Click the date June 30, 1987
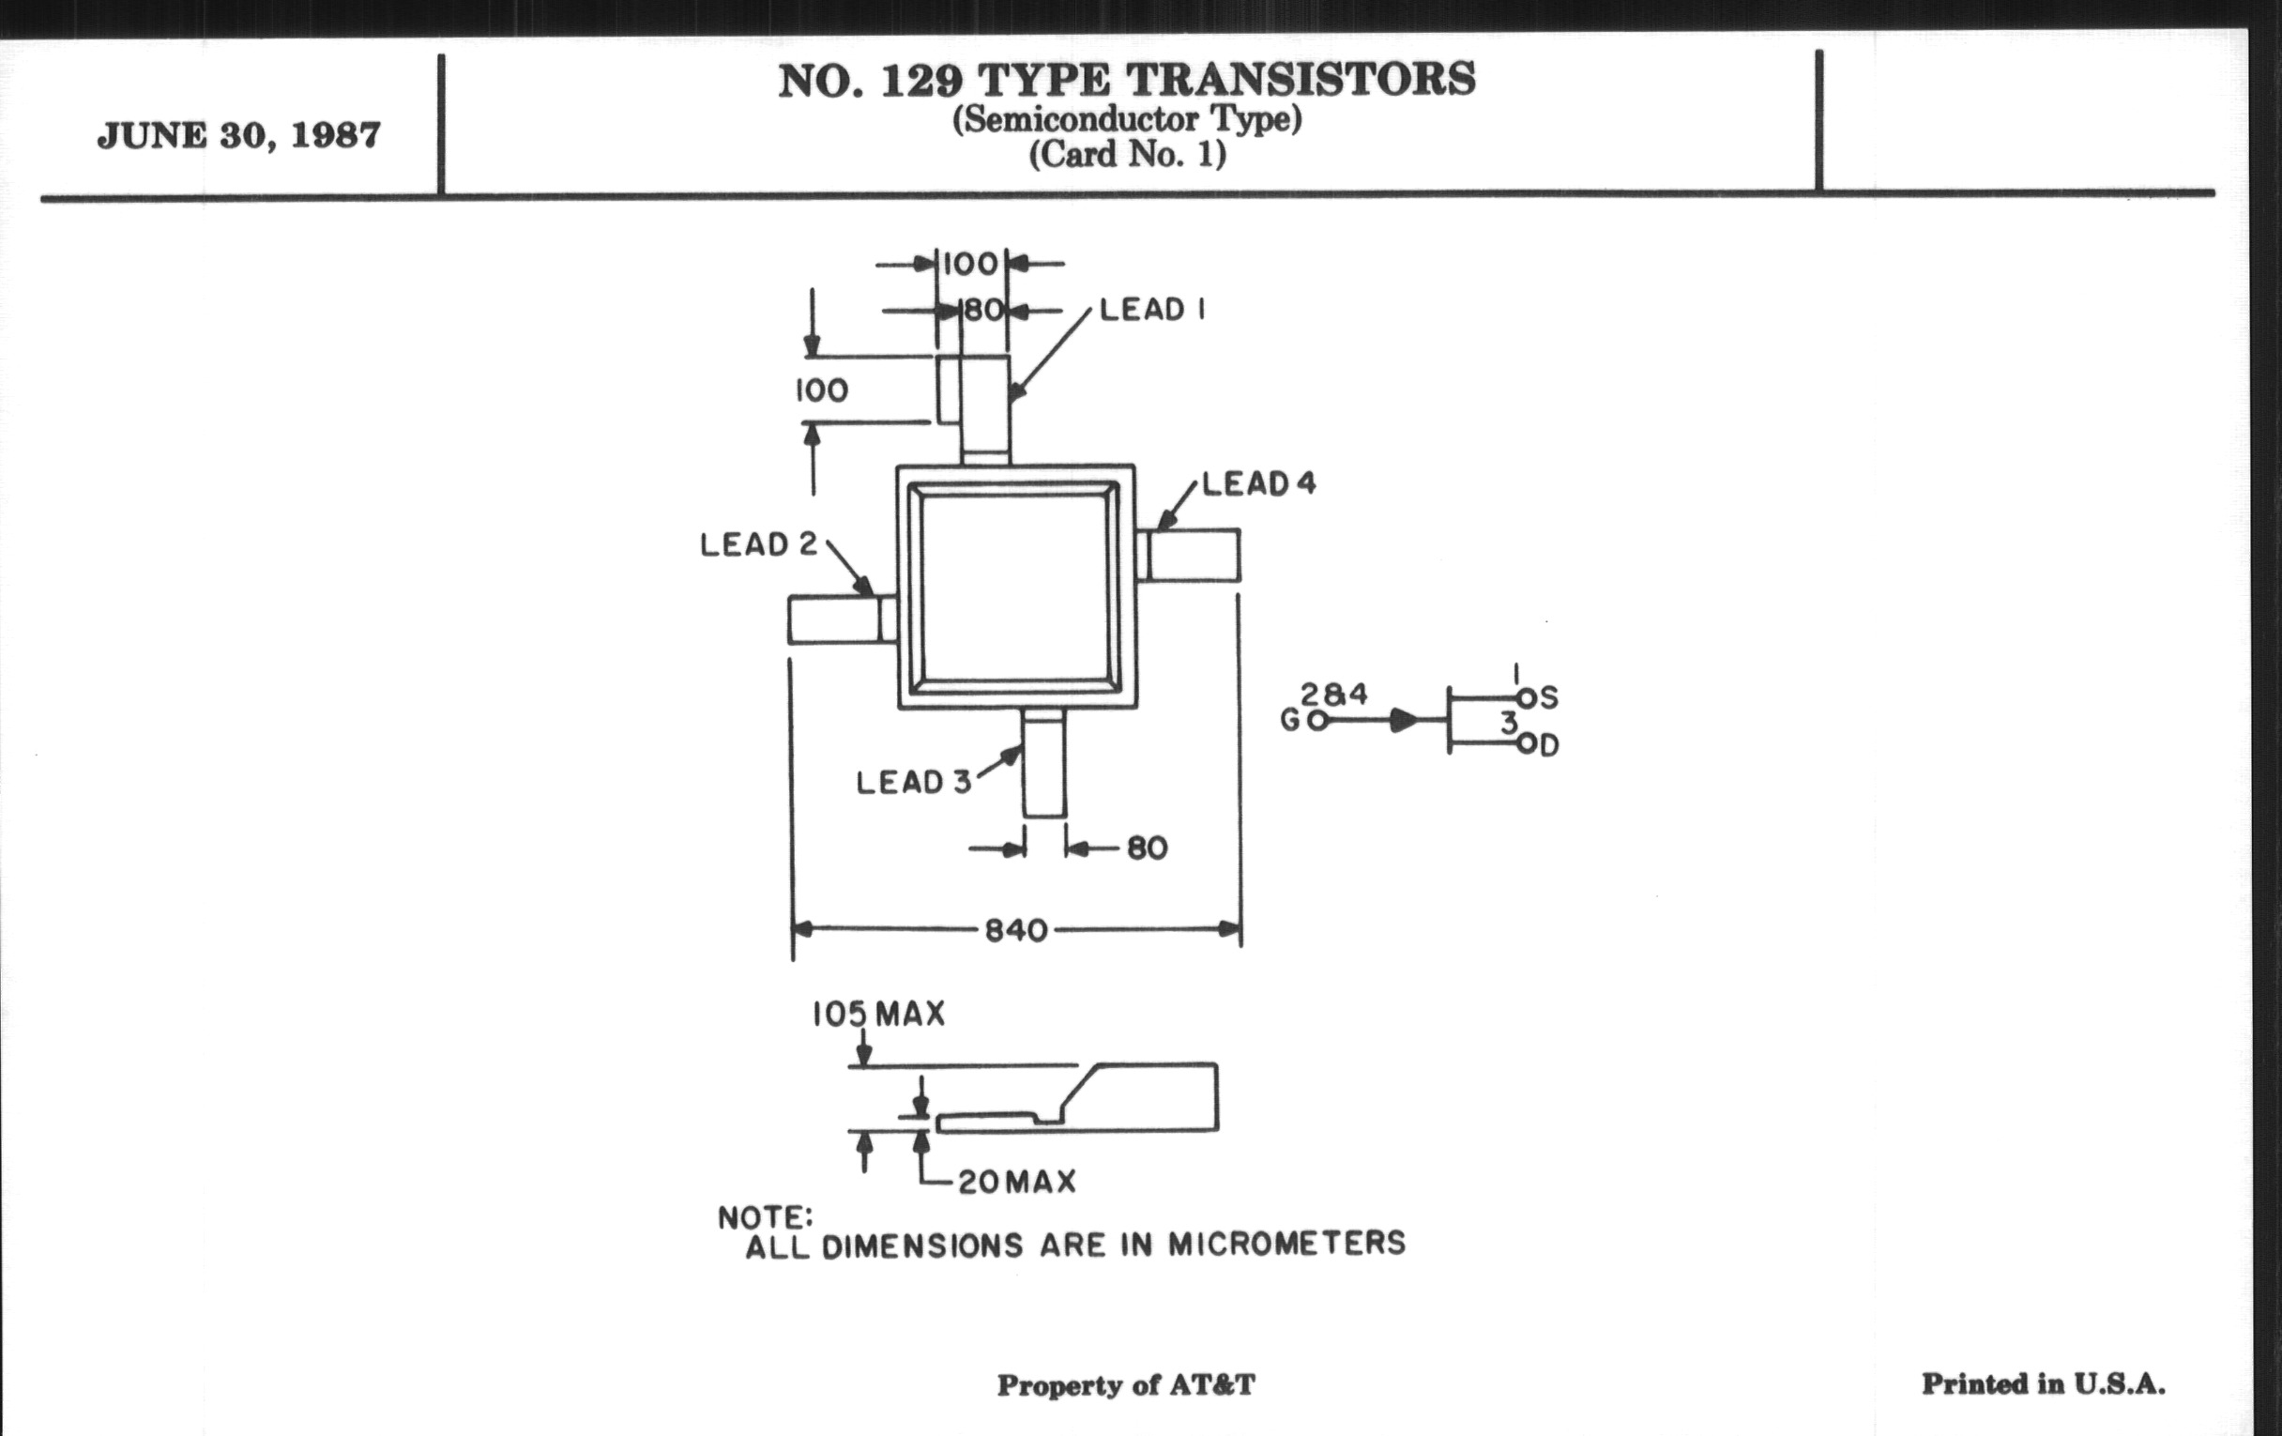click(x=239, y=135)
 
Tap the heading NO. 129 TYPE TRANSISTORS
click(x=1126, y=81)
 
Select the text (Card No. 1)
click(x=1127, y=154)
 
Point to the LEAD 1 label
click(x=1151, y=310)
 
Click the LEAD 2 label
click(x=758, y=544)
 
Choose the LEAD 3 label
click(x=914, y=782)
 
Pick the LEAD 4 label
click(x=1258, y=483)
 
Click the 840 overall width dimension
click(x=1016, y=931)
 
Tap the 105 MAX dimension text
click(x=878, y=1015)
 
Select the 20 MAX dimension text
click(x=1017, y=1182)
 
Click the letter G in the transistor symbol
click(x=1290, y=722)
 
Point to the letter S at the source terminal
click(x=1548, y=698)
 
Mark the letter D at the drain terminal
click(x=1548, y=746)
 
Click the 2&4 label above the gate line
click(x=1333, y=695)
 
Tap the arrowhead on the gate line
click(x=1404, y=722)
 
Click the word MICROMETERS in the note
click(x=1286, y=1243)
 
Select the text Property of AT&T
click(x=1126, y=1385)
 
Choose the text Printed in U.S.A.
click(x=2043, y=1383)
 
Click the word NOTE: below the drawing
click(x=765, y=1217)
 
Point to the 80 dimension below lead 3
click(x=1147, y=848)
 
